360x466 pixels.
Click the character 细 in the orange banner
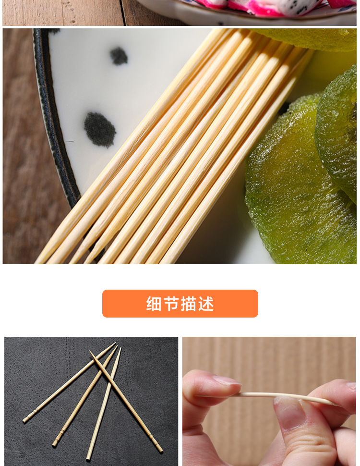(x=154, y=304)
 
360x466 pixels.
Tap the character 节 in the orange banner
(x=170, y=304)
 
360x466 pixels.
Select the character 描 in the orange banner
(x=188, y=304)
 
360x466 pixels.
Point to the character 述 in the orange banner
(x=206, y=304)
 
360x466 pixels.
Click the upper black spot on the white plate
(x=119, y=56)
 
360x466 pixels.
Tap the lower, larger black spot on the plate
(x=99, y=129)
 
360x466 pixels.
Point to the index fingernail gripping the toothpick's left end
(x=227, y=380)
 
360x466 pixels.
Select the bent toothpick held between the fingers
(x=285, y=396)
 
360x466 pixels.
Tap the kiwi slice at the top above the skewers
(x=306, y=38)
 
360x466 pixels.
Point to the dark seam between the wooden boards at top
(x=122, y=12)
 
